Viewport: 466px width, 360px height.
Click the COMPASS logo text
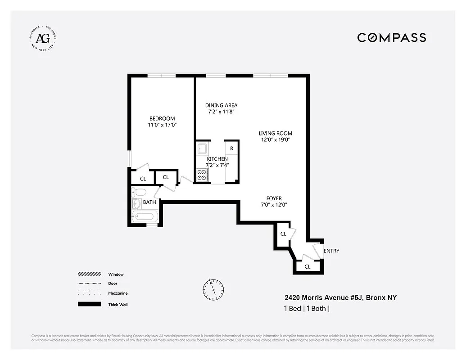click(x=391, y=38)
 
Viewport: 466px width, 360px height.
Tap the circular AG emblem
click(x=43, y=38)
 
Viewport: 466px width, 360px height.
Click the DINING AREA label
click(x=221, y=105)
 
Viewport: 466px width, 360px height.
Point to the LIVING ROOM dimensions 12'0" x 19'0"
click(x=275, y=139)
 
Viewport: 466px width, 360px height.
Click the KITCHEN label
click(x=217, y=159)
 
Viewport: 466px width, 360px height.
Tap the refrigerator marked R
click(x=231, y=148)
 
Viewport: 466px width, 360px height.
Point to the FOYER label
click(x=274, y=198)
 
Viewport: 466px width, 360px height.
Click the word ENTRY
click(x=331, y=251)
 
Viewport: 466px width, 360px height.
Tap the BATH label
click(x=149, y=202)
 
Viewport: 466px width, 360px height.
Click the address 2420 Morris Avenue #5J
click(x=324, y=297)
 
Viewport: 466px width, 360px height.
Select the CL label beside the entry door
click(x=308, y=266)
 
